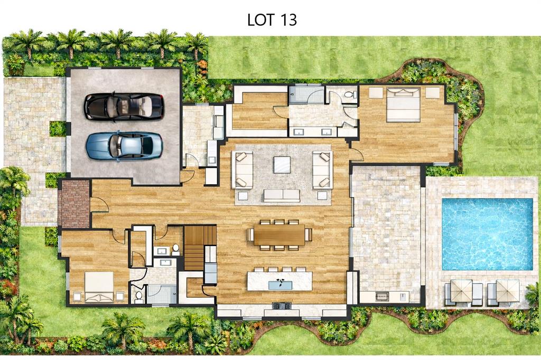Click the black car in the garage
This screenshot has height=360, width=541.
pyautogui.click(x=124, y=106)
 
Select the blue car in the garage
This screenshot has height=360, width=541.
pyautogui.click(x=124, y=146)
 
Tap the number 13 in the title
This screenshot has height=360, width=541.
pyautogui.click(x=288, y=21)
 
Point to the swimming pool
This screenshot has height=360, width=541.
pyautogui.click(x=487, y=234)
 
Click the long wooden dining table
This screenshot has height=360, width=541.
pyautogui.click(x=279, y=234)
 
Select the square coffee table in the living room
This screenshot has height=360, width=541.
pyautogui.click(x=282, y=165)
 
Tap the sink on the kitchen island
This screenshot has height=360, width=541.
pyautogui.click(x=280, y=285)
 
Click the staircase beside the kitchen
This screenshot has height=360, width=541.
pyautogui.click(x=200, y=247)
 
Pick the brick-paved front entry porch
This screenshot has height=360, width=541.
pyautogui.click(x=74, y=204)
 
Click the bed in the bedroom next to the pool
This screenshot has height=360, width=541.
pyautogui.click(x=403, y=105)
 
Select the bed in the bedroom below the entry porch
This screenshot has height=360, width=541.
pyautogui.click(x=99, y=287)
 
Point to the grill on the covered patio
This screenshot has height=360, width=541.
pyautogui.click(x=381, y=296)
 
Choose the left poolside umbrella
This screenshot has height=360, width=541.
pyautogui.click(x=461, y=290)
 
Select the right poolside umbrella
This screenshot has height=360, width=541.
pyautogui.click(x=508, y=290)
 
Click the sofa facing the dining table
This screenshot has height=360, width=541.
pyautogui.click(x=282, y=195)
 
